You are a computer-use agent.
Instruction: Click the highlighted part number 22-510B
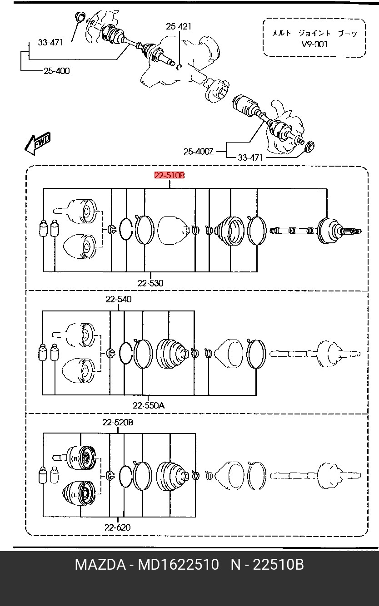(x=170, y=175)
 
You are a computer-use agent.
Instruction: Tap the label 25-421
(x=179, y=26)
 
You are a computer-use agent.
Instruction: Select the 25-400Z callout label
(x=199, y=152)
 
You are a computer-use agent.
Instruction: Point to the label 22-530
(x=150, y=283)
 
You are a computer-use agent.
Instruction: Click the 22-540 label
(x=119, y=299)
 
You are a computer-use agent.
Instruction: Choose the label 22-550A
(x=149, y=405)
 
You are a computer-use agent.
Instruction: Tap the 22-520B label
(x=118, y=422)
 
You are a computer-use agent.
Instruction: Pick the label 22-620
(x=117, y=527)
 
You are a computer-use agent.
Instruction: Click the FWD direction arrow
(x=37, y=143)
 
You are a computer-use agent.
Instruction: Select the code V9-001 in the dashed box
(x=314, y=44)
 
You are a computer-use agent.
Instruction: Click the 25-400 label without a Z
(x=57, y=71)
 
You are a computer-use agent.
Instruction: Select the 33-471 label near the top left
(x=50, y=43)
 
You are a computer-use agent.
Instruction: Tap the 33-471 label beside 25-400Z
(x=250, y=158)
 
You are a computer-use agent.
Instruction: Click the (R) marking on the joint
(x=75, y=458)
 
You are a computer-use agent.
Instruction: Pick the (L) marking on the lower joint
(x=75, y=495)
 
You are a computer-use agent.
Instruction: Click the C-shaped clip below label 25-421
(x=179, y=67)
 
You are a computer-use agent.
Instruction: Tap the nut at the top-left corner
(x=80, y=16)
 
